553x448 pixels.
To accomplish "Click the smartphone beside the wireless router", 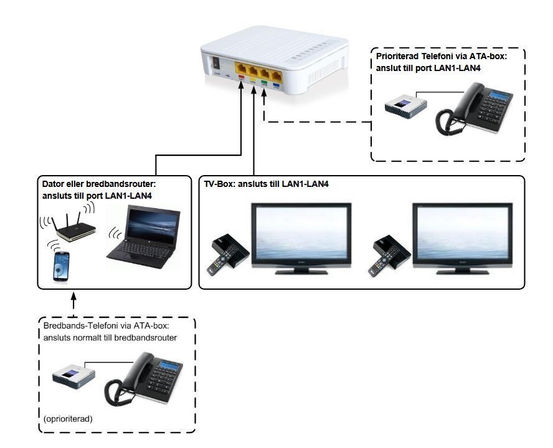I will coord(61,266).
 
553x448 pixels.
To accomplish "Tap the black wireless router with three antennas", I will coord(73,229).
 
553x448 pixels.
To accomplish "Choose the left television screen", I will coord(301,236).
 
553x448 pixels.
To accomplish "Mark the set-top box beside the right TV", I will coord(391,247).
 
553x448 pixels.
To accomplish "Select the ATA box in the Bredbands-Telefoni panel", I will coord(73,376).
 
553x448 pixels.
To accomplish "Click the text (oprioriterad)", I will coord(68,419).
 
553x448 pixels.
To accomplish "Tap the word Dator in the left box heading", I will coord(54,184).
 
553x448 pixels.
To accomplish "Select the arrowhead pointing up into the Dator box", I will coord(73,298).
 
